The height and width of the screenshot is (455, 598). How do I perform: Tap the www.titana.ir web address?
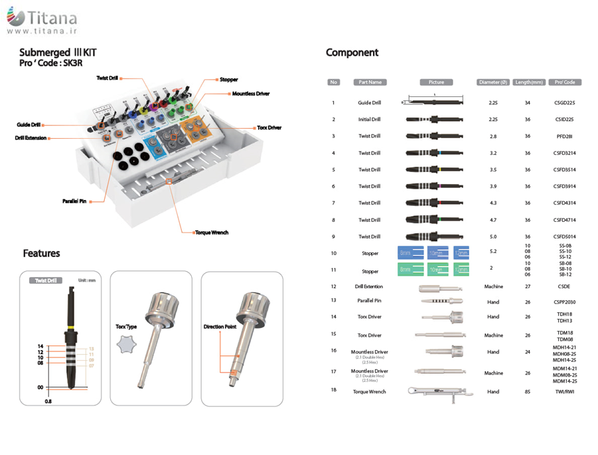point(42,31)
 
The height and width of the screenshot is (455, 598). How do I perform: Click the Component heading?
point(352,52)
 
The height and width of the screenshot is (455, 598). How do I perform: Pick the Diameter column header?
point(492,82)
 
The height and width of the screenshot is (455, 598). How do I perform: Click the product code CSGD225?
point(564,103)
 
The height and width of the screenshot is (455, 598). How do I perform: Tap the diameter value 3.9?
point(493,186)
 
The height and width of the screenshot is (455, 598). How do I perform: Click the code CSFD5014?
point(564,236)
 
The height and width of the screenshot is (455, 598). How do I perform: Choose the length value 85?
point(528,392)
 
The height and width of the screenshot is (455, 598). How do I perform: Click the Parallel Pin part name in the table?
point(370,300)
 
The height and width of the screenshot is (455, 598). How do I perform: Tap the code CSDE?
point(564,286)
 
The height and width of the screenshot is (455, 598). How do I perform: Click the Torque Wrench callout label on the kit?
point(212,232)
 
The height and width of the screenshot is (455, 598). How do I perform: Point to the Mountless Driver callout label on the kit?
point(251,94)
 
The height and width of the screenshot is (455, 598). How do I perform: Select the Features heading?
point(41,253)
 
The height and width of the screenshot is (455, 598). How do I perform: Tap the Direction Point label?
point(220,327)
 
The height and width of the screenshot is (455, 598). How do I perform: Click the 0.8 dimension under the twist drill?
point(48,401)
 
